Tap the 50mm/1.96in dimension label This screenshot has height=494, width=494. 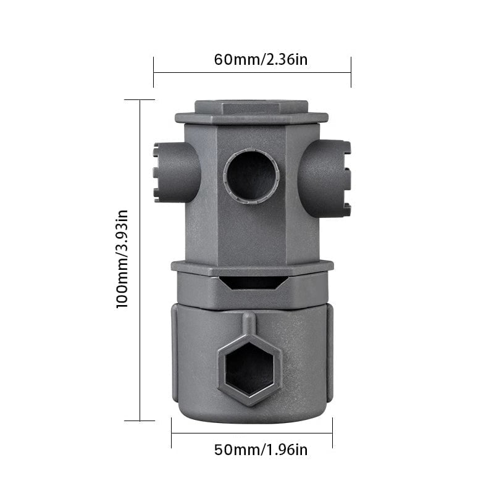pos(252,450)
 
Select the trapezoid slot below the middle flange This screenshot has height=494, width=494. pos(252,283)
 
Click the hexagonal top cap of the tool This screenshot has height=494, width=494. pos(252,106)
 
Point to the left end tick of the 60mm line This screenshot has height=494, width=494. pos(154,72)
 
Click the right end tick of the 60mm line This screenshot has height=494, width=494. pos(351,72)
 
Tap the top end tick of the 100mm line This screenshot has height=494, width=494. pos(140,100)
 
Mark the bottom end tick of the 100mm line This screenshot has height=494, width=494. pos(140,421)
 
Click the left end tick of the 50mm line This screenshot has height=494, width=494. pos(172,432)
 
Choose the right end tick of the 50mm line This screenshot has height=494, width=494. pos(332,432)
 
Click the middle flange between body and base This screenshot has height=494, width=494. pos(252,266)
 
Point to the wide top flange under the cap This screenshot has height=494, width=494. pos(252,117)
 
